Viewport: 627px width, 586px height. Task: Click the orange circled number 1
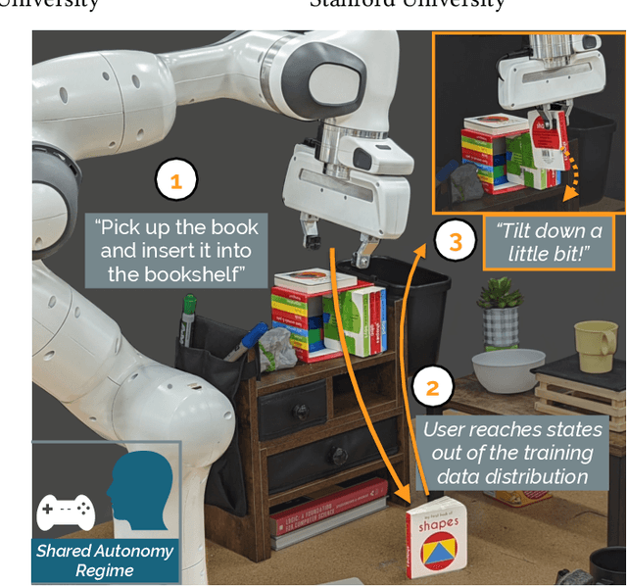(x=176, y=181)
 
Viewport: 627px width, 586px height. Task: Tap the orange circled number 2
(x=431, y=387)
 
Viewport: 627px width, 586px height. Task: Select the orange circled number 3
(x=453, y=241)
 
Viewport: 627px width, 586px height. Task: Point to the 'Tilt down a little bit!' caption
(x=549, y=242)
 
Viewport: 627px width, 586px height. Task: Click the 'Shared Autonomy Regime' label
(x=105, y=560)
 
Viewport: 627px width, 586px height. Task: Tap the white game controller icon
(x=66, y=511)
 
